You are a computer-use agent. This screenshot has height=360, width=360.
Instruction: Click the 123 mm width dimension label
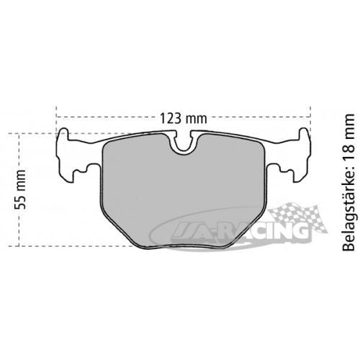pos(184,118)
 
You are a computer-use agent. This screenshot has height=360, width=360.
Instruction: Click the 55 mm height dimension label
pos(20,189)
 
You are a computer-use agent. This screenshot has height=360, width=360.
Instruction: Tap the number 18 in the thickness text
pos(348,145)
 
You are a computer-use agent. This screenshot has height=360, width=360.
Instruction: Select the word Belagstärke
pos(348,212)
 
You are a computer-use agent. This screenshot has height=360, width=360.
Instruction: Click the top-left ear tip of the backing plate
pos(64,129)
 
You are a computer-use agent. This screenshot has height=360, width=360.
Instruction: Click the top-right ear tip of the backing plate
pos(303,129)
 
